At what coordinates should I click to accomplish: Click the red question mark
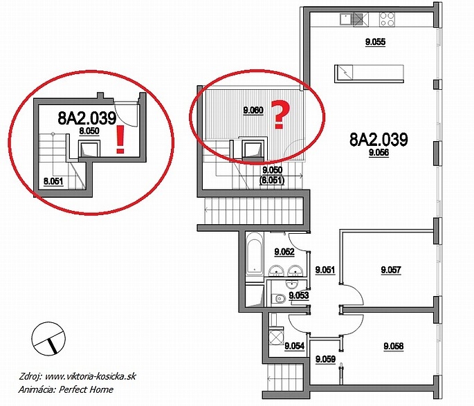click(x=280, y=115)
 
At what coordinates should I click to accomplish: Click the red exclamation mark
click(x=120, y=140)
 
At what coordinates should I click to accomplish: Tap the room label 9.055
click(x=376, y=41)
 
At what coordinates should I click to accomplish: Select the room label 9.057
click(x=391, y=270)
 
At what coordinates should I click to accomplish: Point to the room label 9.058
click(x=393, y=346)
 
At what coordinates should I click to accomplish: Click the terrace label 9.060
click(x=253, y=110)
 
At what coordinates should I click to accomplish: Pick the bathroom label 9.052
click(x=284, y=251)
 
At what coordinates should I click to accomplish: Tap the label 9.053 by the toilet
click(x=299, y=295)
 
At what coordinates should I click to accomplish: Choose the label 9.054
click(x=295, y=346)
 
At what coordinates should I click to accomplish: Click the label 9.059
click(x=325, y=359)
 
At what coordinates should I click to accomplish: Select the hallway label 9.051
click(x=325, y=270)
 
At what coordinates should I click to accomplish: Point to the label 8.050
click(x=89, y=131)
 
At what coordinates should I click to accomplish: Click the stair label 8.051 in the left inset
click(x=53, y=181)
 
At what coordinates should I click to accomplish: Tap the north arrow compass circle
click(x=48, y=338)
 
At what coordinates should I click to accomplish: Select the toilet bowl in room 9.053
click(x=278, y=299)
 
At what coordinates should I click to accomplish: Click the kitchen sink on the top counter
click(x=345, y=19)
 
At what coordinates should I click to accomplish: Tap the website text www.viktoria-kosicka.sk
click(x=90, y=376)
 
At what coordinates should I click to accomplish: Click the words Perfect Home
click(x=86, y=389)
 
